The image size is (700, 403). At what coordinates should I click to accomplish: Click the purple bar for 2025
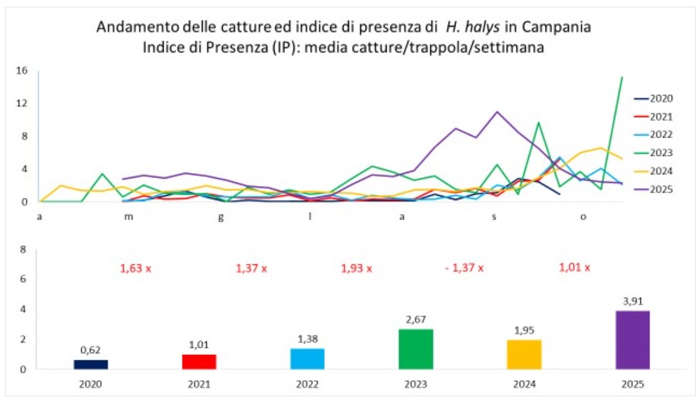[x=633, y=340]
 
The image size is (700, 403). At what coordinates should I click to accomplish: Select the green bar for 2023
[x=416, y=349]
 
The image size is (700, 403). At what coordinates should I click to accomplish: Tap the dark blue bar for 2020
[x=91, y=365]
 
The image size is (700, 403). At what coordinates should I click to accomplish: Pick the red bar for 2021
[x=199, y=362]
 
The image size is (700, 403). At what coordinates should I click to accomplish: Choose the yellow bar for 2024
[x=524, y=355]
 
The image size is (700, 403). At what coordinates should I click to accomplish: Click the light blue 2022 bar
[x=308, y=359]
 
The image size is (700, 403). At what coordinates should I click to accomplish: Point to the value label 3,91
[x=633, y=301]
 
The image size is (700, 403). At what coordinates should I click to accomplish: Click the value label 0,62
[x=91, y=350]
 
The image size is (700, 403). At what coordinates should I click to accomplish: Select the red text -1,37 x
[x=464, y=268]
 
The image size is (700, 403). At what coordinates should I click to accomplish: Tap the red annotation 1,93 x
[x=356, y=269]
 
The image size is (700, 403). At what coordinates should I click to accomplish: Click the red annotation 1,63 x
[x=135, y=269]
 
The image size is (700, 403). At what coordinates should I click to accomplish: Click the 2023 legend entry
[x=654, y=153]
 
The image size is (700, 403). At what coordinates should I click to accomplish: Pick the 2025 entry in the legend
[x=654, y=189]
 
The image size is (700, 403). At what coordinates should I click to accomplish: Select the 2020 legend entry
[x=654, y=99]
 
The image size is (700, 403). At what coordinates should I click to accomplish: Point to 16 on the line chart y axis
[x=22, y=71]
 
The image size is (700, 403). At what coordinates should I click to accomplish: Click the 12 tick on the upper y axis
[x=22, y=103]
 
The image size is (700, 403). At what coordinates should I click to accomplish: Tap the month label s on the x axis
[x=494, y=217]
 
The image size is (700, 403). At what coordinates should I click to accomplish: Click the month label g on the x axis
[x=220, y=218]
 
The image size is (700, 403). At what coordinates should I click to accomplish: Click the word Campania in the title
[x=557, y=27]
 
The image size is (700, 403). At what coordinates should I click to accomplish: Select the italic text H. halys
[x=473, y=27]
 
